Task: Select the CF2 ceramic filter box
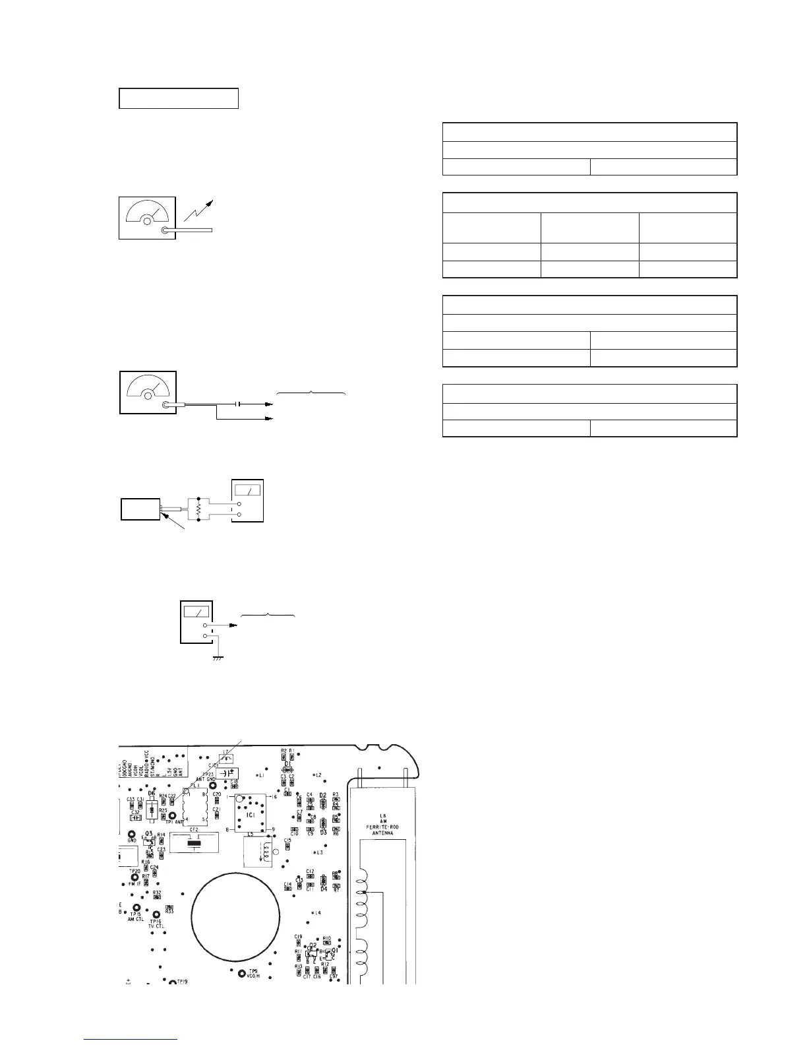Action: point(194,842)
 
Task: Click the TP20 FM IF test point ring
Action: point(135,877)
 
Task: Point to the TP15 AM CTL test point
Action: point(136,907)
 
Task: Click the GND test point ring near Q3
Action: point(132,834)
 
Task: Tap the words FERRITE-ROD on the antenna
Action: point(378,827)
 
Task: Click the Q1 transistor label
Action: point(336,950)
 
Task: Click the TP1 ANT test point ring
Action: point(173,815)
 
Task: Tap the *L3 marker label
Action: point(317,853)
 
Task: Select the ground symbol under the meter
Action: point(218,657)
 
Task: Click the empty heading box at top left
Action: point(178,98)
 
